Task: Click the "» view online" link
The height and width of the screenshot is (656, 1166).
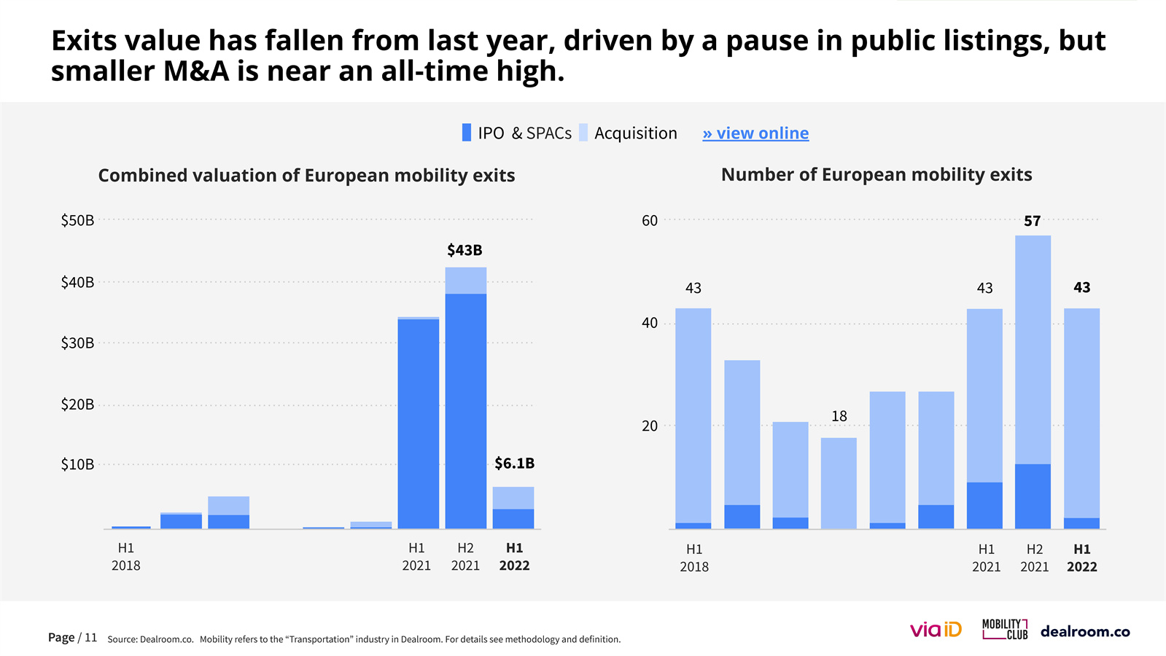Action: click(x=755, y=133)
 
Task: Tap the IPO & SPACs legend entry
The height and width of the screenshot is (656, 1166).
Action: click(x=517, y=133)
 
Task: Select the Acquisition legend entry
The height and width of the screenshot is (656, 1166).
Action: click(x=629, y=133)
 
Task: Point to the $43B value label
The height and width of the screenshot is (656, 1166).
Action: click(x=465, y=250)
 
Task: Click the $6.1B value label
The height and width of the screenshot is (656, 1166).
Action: click(x=514, y=463)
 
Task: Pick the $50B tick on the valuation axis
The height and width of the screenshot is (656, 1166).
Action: click(x=77, y=220)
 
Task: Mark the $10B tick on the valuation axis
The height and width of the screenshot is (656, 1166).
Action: click(x=77, y=464)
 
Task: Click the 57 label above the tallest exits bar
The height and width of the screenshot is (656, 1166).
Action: click(x=1032, y=221)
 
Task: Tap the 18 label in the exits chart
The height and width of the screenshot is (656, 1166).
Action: click(x=839, y=416)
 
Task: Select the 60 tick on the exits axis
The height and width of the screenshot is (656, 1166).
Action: click(x=650, y=220)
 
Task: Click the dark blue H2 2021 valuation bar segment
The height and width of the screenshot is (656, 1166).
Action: click(x=466, y=410)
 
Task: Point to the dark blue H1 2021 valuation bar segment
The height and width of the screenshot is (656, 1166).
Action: click(x=418, y=423)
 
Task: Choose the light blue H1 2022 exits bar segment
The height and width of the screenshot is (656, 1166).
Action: click(x=1081, y=413)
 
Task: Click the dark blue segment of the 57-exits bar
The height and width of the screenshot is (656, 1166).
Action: click(x=1033, y=496)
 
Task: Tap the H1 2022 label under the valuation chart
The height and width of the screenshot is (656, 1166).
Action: click(x=514, y=557)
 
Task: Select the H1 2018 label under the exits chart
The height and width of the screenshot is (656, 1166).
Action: click(x=694, y=558)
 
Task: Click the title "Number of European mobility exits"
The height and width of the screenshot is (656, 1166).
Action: click(x=877, y=175)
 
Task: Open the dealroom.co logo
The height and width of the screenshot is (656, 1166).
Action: click(x=1085, y=631)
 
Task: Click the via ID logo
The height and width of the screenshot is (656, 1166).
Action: click(x=936, y=630)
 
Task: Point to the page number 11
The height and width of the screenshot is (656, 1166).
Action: click(x=90, y=638)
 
